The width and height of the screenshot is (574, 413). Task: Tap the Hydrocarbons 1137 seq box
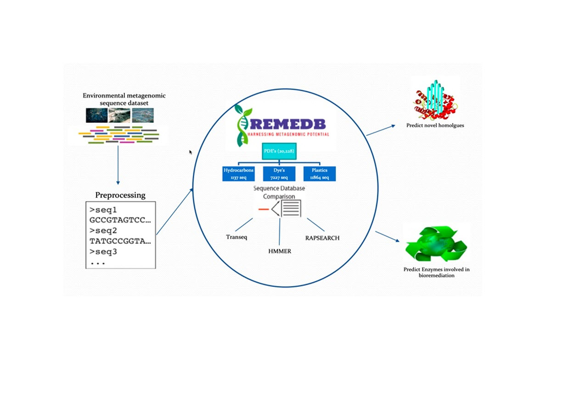[238, 173]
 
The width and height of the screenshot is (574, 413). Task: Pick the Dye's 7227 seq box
[278, 173]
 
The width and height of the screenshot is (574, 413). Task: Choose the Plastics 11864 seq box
[319, 173]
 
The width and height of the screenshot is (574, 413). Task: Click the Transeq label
[236, 237]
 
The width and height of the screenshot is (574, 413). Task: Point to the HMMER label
[280, 251]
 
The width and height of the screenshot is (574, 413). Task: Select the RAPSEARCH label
[322, 238]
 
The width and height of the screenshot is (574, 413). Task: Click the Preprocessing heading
[120, 195]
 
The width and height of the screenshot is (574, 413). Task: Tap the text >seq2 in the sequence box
[104, 230]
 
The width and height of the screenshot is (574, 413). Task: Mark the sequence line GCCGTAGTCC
[120, 220]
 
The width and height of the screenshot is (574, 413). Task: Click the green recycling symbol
[436, 244]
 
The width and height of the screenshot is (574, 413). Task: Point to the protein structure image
[435, 99]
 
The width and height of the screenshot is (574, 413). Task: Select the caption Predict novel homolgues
[435, 125]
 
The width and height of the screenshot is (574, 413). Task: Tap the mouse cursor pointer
[191, 152]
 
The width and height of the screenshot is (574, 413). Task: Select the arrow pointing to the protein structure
[380, 130]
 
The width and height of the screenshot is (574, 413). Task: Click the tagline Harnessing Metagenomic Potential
[288, 134]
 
